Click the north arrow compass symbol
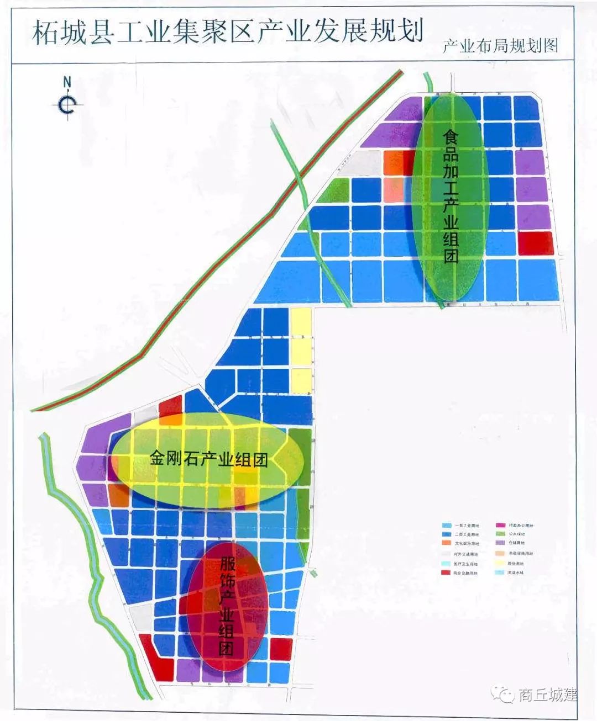point(67,103)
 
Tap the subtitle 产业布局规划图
point(500,46)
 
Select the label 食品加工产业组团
point(451,196)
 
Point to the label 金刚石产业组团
point(208,458)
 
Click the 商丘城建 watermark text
point(547,695)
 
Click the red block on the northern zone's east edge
point(535,243)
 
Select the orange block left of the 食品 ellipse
point(394,162)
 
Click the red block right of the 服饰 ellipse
point(280,649)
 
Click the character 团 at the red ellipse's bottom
point(226,648)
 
